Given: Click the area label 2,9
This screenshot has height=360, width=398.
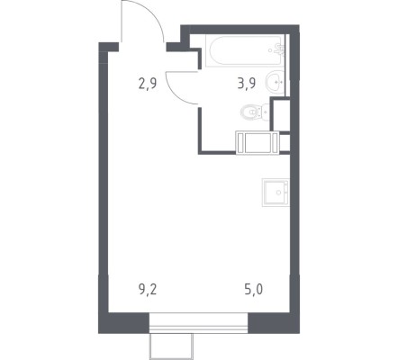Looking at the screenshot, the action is tap(148, 84).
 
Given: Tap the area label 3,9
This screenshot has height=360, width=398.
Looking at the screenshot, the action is tap(247, 84).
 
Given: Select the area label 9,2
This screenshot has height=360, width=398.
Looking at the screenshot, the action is tap(148, 290).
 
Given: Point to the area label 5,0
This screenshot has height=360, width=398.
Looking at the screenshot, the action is tap(254, 290).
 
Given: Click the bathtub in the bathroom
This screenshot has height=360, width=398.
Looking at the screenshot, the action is tap(245, 51).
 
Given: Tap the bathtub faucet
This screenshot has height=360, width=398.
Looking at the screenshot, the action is tap(279, 50).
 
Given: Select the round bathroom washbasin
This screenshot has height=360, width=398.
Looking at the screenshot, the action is tap(275, 81).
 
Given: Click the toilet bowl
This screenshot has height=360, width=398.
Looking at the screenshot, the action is tap(250, 112).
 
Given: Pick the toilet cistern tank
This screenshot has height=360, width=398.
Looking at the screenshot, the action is tap(266, 112).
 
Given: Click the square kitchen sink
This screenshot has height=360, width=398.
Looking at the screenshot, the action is tap(276, 193).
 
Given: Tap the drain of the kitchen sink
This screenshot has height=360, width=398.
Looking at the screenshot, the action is tap(279, 193).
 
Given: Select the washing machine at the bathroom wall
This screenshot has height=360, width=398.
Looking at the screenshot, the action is tap(258, 143).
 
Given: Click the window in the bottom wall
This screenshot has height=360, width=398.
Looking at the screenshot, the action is tap(198, 323).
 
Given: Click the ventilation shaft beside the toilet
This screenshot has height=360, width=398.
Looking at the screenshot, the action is tap(280, 114).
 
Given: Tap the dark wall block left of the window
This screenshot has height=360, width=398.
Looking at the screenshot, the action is tap(124, 323).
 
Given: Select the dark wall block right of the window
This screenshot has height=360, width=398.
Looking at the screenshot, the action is tap(274, 323).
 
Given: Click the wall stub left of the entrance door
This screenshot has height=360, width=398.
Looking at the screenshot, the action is tap(109, 47).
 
